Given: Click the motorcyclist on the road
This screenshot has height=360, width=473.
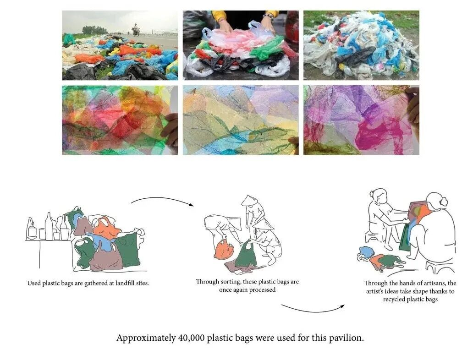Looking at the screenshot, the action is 136,30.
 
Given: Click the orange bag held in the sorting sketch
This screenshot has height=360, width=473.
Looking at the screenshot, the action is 224,249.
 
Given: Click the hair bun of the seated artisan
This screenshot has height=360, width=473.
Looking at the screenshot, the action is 444,202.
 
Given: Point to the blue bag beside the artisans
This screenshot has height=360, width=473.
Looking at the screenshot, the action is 365,252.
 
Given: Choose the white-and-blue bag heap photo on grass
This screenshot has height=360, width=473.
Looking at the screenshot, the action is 361,45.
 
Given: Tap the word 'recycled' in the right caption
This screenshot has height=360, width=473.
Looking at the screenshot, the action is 394,300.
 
